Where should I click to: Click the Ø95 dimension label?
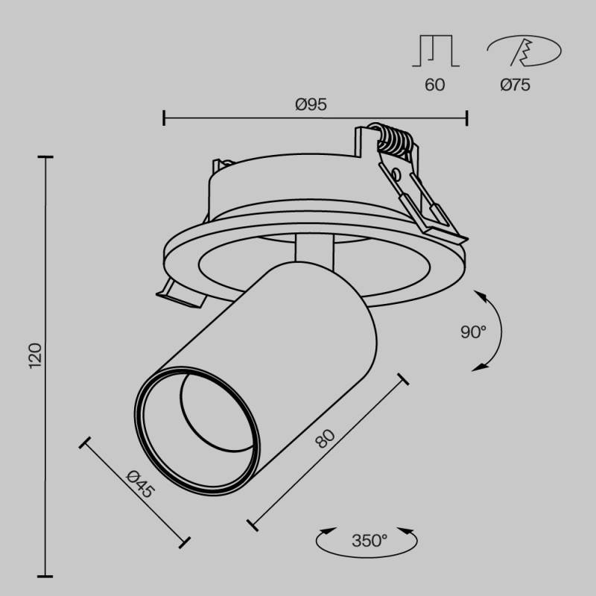point(311,105)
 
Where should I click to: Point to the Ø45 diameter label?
point(139,485)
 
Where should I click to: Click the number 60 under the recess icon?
point(434,85)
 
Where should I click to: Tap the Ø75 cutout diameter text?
point(515,85)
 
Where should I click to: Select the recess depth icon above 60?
point(436,51)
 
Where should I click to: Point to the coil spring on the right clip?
point(395,139)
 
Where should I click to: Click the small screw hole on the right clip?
point(396,176)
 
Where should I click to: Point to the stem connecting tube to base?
point(313,250)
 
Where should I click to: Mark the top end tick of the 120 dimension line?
point(46,158)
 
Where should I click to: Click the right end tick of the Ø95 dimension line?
point(466,117)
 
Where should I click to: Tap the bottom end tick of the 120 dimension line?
point(46,576)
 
